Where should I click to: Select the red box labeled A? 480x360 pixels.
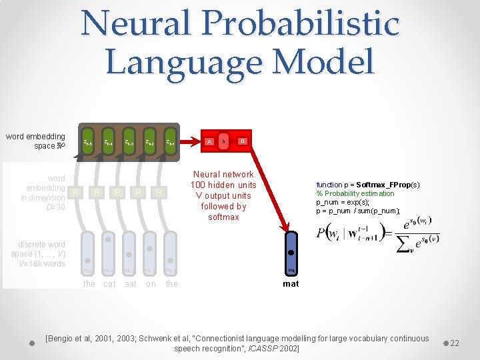[209, 141]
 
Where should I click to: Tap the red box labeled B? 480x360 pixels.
[243, 141]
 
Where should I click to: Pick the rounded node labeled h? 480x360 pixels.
[225, 141]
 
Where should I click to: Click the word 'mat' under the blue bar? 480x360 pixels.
[291, 284]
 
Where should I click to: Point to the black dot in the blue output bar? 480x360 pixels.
[291, 253]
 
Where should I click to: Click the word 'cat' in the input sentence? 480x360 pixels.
[109, 284]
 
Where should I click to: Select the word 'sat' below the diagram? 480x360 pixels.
[131, 284]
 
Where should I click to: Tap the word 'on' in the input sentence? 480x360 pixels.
[151, 284]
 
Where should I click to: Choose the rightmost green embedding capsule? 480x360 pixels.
[171, 142]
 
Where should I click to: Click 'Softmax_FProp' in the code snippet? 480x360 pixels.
[385, 185]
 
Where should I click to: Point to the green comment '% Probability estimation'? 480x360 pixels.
[355, 193]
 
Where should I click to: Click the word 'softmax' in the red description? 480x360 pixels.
[223, 217]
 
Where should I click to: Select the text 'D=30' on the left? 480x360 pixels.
[55, 207]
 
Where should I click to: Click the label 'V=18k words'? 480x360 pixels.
[43, 264]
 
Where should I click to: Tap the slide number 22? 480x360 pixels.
[455, 343]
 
